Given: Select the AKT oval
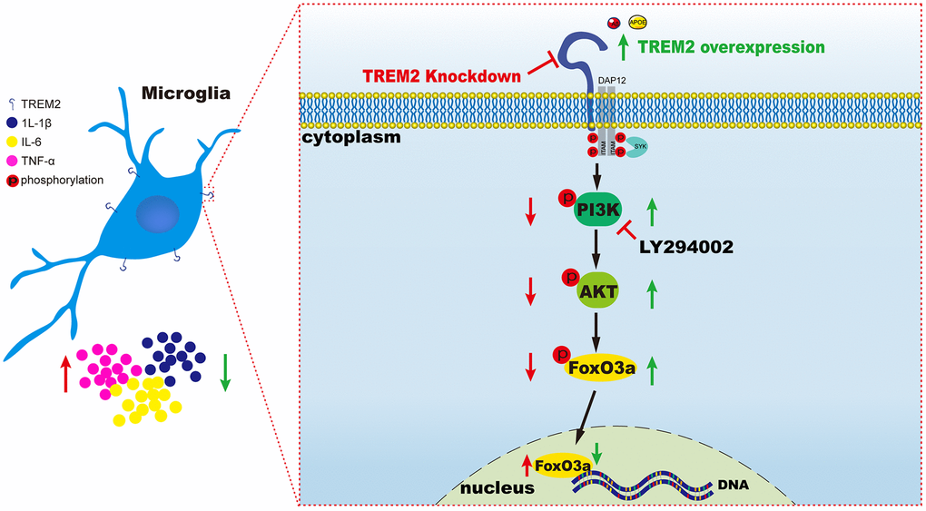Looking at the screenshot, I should [x=600, y=291].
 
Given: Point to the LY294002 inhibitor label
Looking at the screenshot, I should [x=685, y=245].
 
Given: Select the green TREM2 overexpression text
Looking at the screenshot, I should [x=732, y=46].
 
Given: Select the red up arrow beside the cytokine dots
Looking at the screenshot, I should [x=64, y=375].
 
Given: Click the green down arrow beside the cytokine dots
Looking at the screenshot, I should [x=225, y=372].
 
